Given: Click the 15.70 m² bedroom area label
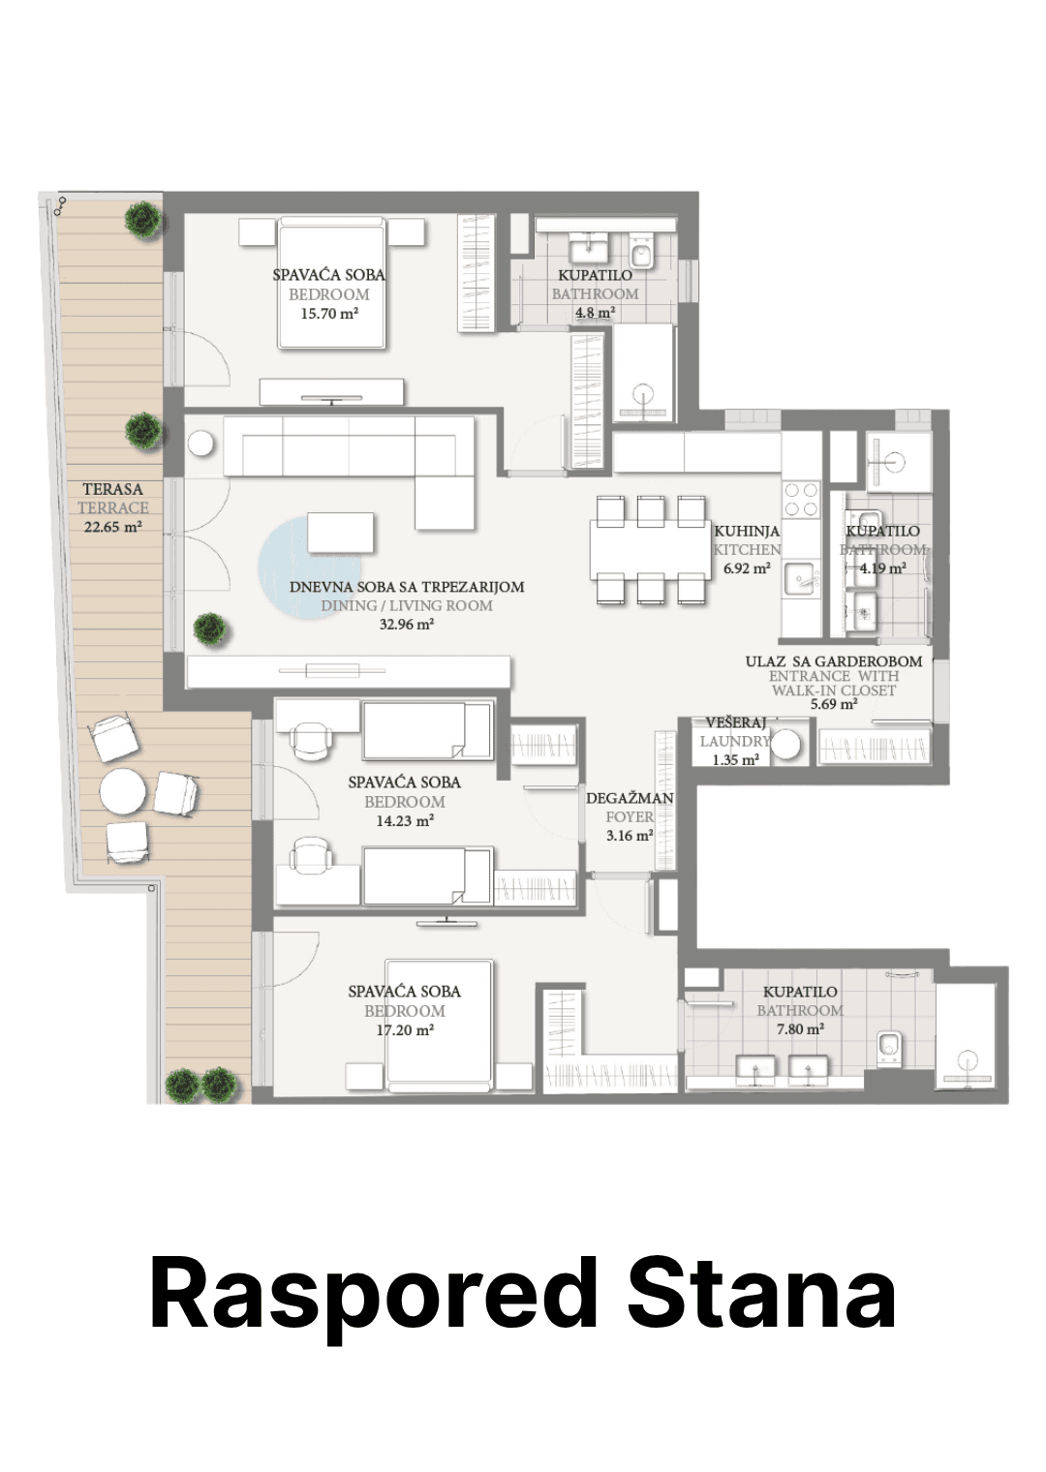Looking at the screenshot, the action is pos(329,314).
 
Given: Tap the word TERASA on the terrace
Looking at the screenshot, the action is pos(112,489).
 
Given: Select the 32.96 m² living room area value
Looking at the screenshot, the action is pos(406,625).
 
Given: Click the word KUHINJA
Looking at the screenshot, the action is pos(747,531).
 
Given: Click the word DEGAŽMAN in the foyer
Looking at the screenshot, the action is pos(630,798).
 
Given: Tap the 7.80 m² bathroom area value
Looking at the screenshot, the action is pos(800,1029).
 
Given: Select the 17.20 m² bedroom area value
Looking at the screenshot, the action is pos(405,1029).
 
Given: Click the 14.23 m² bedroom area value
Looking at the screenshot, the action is pos(404,821).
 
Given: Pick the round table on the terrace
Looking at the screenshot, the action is pos(123,791).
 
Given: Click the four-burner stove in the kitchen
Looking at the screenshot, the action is pos(801,499).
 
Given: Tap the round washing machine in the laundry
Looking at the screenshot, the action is pos(785,746).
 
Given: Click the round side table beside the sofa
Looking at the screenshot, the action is pos(200,444).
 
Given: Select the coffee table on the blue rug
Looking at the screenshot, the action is pos(341,533).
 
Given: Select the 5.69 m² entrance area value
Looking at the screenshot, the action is pos(834,704).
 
